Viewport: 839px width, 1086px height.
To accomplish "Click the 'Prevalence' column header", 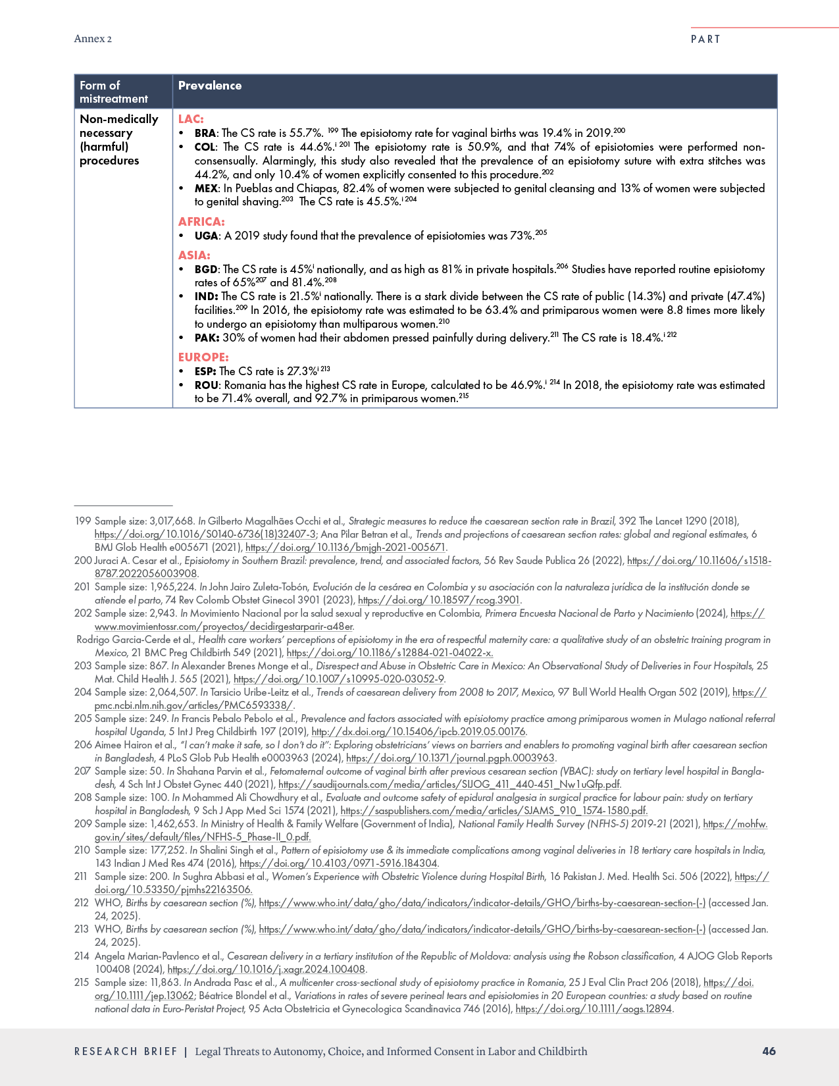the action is tap(209, 86).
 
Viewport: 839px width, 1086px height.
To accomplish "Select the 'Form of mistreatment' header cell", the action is tap(114, 92).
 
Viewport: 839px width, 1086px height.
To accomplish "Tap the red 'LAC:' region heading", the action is tap(191, 119).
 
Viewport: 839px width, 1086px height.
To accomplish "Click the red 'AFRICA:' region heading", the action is tap(201, 222).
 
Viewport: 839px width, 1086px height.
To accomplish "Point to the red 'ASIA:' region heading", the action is tap(194, 255).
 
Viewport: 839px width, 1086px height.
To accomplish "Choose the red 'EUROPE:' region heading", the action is tap(203, 357).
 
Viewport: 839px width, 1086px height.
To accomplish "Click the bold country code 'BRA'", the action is tap(205, 133).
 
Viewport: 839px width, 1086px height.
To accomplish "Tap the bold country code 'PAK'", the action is tap(206, 338).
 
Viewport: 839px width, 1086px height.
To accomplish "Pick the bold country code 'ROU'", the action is tap(207, 385).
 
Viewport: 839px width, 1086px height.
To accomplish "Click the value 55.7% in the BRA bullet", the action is tap(306, 133).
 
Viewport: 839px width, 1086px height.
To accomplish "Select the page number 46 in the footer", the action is tap(769, 1051).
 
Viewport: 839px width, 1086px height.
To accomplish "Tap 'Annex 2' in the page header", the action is tap(93, 39).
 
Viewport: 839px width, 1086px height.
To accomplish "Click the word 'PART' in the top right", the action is tap(705, 39).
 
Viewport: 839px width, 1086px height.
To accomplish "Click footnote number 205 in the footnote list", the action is tap(83, 719).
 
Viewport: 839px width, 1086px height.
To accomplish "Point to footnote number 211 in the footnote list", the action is tap(81, 877).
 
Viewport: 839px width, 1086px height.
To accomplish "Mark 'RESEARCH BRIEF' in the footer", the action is tap(126, 1052).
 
